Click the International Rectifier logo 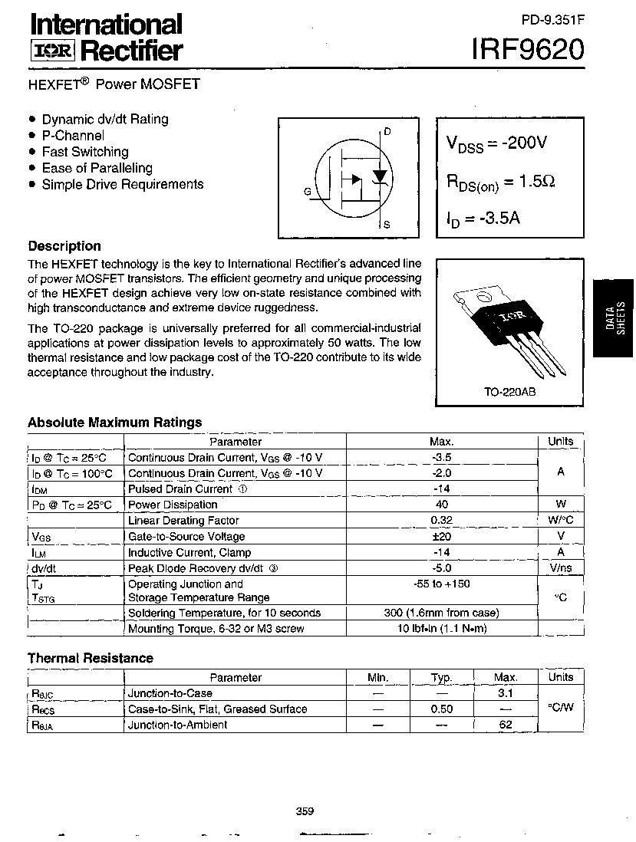pos(106,36)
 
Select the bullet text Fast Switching pos(85,152)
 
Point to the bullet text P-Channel pos(73,136)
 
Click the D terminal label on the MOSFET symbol pos(387,132)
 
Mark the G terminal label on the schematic pos(307,192)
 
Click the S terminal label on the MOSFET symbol pos(387,225)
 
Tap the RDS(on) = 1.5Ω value pos(500,182)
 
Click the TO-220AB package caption pos(509,392)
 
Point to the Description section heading pos(64,246)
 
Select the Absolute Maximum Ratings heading pos(115,422)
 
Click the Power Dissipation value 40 pos(441,505)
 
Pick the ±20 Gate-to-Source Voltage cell pos(441,536)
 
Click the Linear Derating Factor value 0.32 pos(441,521)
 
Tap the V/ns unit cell pos(561,568)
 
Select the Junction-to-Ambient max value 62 pos(506,725)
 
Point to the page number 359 pos(305,812)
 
